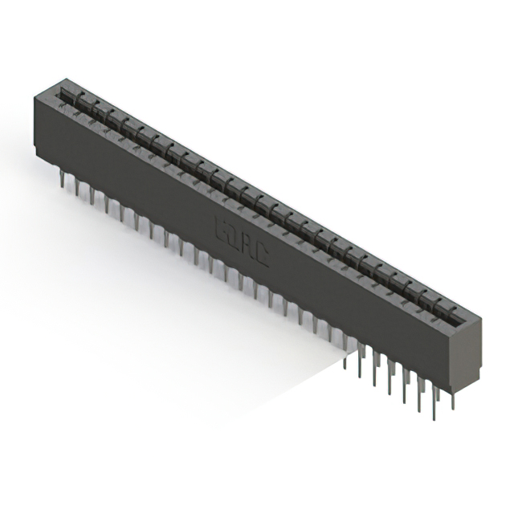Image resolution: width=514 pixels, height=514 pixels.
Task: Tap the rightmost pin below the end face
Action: click(453, 401)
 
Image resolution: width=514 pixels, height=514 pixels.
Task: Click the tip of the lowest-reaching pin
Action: click(434, 418)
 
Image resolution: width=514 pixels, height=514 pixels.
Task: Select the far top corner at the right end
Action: click(481, 318)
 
